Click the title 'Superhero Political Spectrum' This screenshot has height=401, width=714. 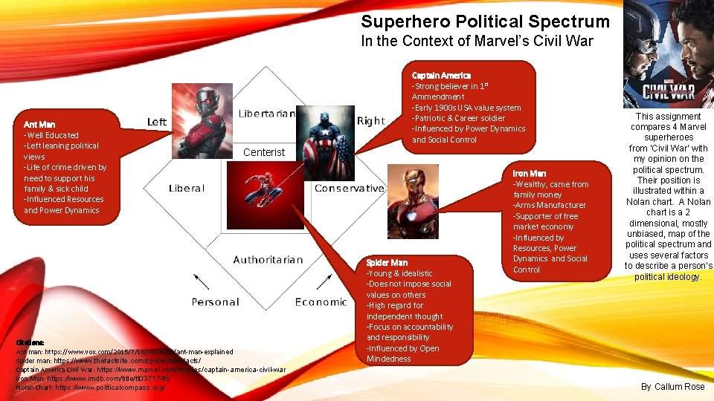[485, 22]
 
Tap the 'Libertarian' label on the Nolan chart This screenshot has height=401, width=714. [267, 114]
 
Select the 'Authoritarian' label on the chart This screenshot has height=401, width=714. [268, 259]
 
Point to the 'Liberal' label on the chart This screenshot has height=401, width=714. [186, 188]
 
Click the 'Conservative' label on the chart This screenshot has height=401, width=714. [349, 188]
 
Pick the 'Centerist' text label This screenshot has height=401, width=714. [264, 152]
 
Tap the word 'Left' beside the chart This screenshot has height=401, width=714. [157, 122]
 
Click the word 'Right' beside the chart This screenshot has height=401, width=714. [370, 121]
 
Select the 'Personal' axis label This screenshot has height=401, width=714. [215, 301]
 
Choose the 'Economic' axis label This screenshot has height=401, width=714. [321, 301]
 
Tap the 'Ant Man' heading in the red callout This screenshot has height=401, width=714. [39, 124]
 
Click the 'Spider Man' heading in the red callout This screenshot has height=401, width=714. [387, 263]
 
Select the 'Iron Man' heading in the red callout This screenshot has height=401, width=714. [530, 174]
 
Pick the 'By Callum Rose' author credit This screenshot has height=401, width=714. [672, 387]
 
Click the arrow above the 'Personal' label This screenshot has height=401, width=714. [201, 282]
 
